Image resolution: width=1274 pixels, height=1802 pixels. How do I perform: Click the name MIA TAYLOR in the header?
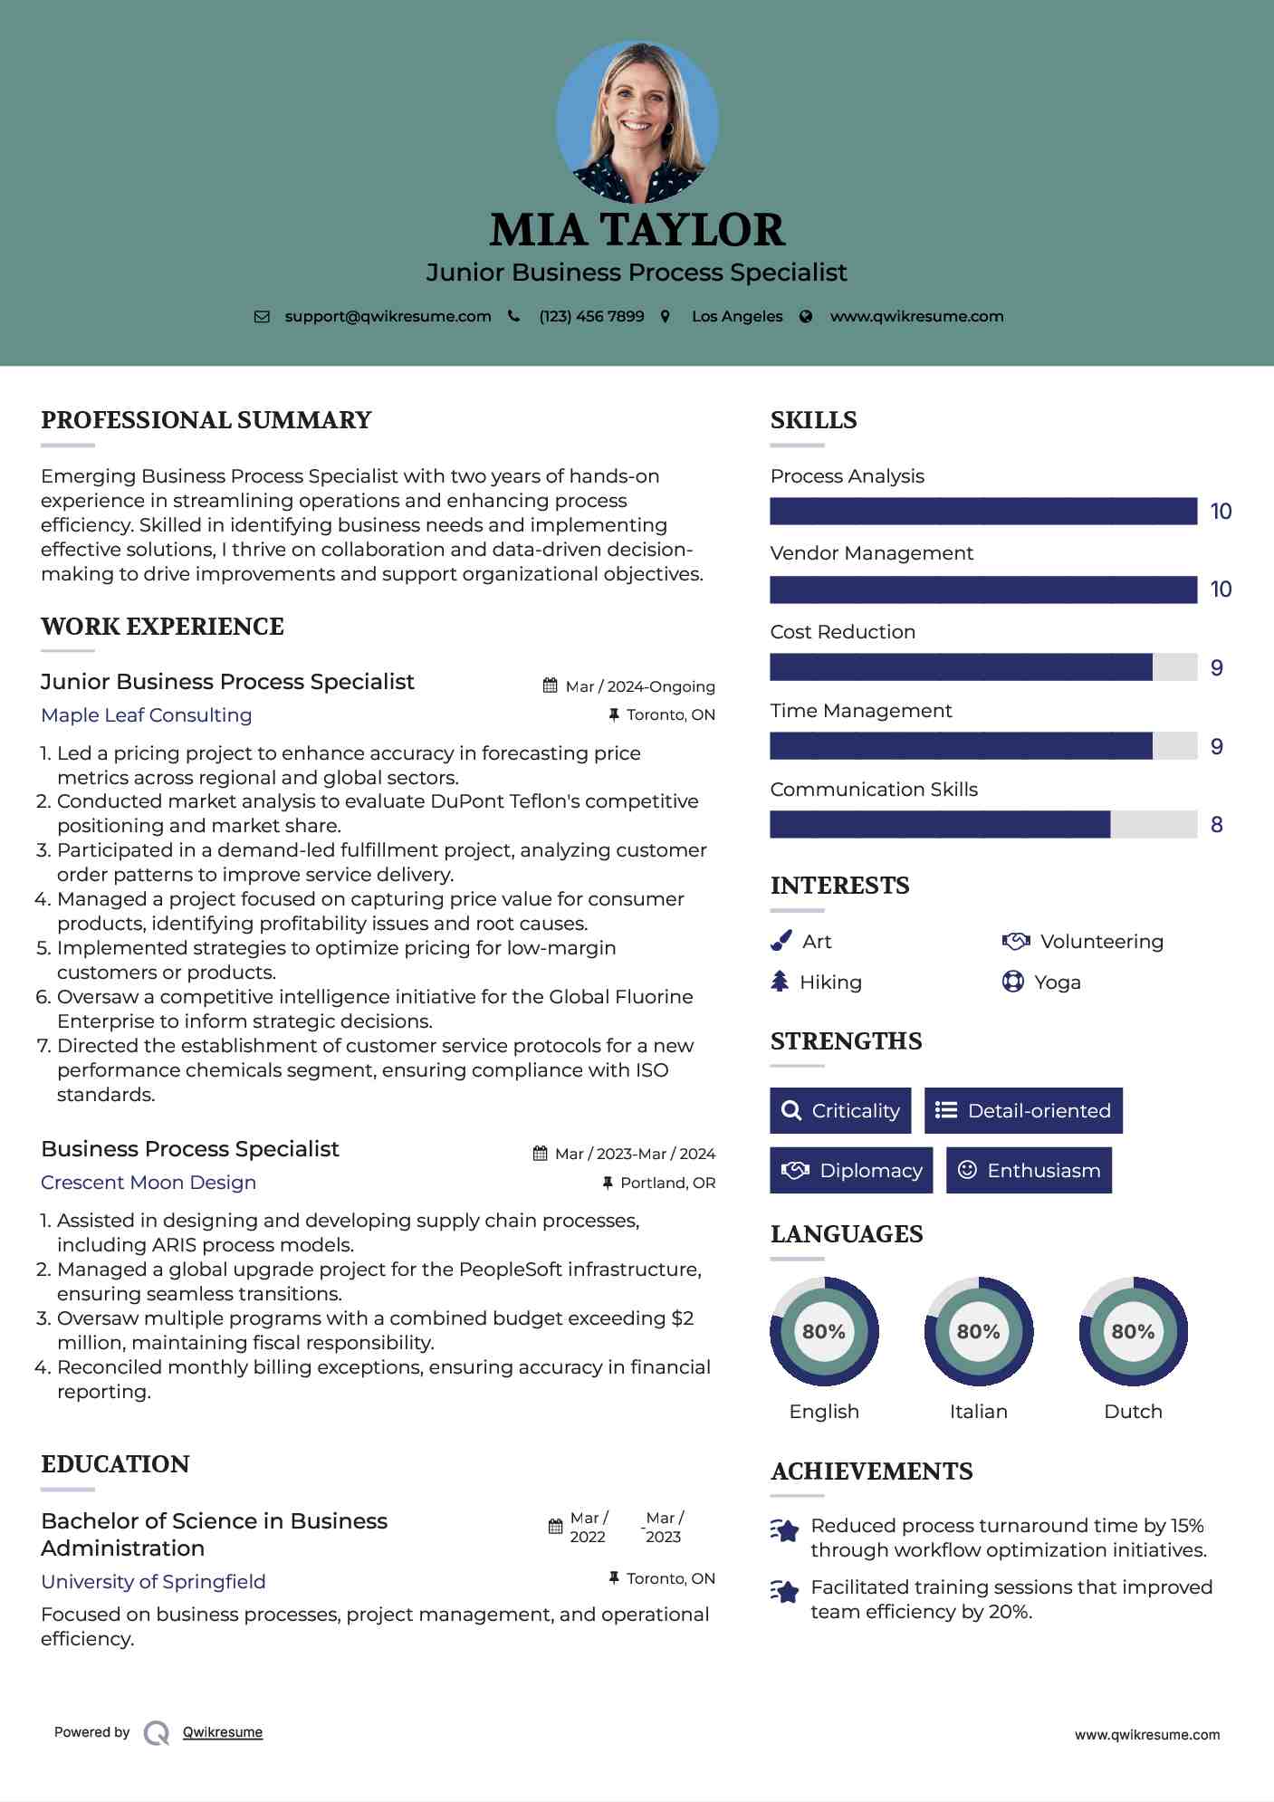click(637, 230)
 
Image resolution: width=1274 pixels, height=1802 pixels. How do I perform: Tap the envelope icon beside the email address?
click(262, 317)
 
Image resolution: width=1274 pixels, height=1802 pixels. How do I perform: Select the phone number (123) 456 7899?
click(591, 317)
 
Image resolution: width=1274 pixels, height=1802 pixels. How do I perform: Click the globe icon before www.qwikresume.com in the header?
click(806, 317)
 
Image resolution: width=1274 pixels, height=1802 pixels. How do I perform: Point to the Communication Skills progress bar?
click(983, 825)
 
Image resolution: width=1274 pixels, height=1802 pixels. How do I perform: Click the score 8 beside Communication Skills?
click(1217, 825)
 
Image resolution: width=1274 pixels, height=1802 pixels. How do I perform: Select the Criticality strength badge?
click(840, 1111)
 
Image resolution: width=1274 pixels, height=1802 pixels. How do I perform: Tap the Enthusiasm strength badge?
click(1029, 1171)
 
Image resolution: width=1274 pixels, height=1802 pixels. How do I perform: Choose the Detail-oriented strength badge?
click(1023, 1111)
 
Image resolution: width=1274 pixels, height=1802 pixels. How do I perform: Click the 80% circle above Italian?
click(978, 1332)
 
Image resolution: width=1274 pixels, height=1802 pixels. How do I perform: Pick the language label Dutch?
click(1133, 1412)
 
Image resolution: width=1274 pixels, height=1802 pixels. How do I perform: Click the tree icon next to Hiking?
click(780, 982)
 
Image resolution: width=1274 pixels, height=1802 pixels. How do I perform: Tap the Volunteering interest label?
click(1102, 942)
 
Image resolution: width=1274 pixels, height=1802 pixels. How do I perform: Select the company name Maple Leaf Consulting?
click(147, 715)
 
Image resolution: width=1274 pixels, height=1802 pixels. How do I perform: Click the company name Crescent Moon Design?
click(148, 1183)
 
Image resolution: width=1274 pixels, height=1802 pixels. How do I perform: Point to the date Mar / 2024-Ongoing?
click(639, 686)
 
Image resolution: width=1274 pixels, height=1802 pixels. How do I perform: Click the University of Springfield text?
click(153, 1582)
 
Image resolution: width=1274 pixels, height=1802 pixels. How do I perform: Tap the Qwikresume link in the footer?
click(223, 1732)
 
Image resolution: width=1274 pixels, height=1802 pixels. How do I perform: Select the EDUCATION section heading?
click(115, 1464)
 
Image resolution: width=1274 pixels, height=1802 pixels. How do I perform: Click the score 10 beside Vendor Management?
click(1221, 589)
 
